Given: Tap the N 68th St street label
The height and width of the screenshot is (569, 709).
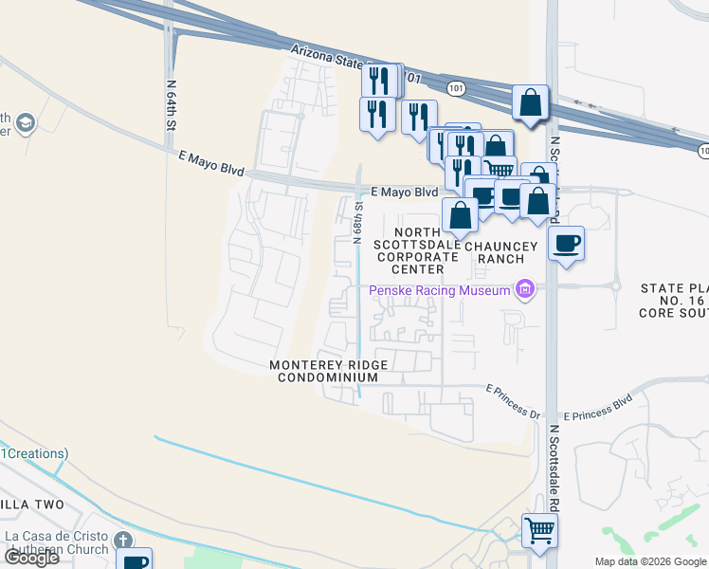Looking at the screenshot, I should tap(359, 222).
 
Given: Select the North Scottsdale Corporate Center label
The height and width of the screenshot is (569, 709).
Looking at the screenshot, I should tap(418, 250).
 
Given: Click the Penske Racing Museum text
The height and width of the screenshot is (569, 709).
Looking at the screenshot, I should tap(440, 290).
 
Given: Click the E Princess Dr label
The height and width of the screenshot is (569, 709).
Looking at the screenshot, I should tap(513, 390).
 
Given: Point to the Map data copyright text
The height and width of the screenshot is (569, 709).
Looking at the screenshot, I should tap(650, 561).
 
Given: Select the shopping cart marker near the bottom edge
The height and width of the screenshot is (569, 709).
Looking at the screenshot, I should tap(539, 531).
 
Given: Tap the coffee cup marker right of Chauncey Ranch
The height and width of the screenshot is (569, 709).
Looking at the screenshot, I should tap(566, 243).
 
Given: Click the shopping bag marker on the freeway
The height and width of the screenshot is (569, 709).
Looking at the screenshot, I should tap(531, 102).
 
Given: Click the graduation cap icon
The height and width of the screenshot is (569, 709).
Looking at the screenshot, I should tap(24, 123).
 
